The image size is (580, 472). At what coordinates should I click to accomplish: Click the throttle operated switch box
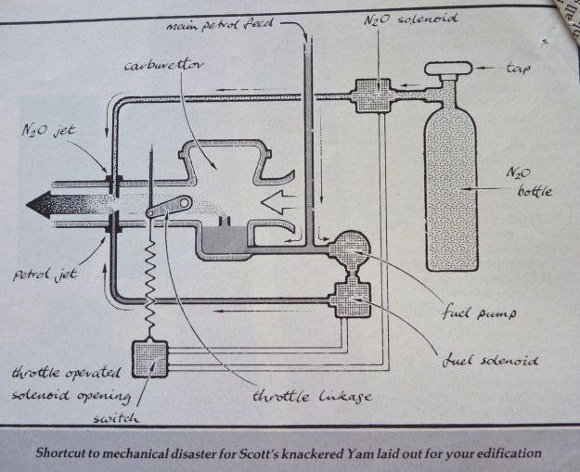point(148,358)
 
